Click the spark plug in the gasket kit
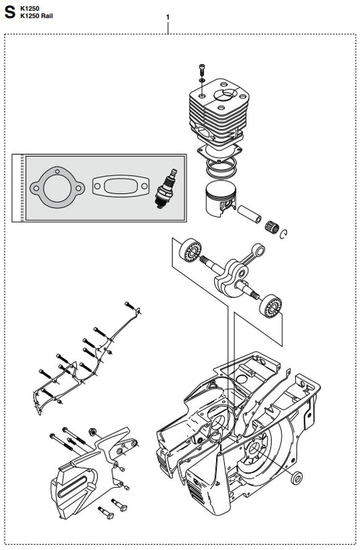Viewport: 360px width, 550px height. [165, 189]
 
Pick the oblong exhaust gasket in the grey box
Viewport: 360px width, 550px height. [121, 186]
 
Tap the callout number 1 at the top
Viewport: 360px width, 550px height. [168, 17]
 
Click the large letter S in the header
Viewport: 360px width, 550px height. [9, 13]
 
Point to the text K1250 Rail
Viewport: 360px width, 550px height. [36, 16]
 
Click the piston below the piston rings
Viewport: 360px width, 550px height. [221, 198]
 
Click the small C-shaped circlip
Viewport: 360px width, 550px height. [284, 234]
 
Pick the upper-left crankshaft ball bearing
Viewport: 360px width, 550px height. [190, 250]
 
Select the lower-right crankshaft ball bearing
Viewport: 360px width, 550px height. [270, 306]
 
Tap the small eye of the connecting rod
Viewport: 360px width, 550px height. [259, 249]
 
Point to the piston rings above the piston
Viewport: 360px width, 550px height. [221, 167]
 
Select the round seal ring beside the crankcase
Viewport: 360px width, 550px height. [298, 478]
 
